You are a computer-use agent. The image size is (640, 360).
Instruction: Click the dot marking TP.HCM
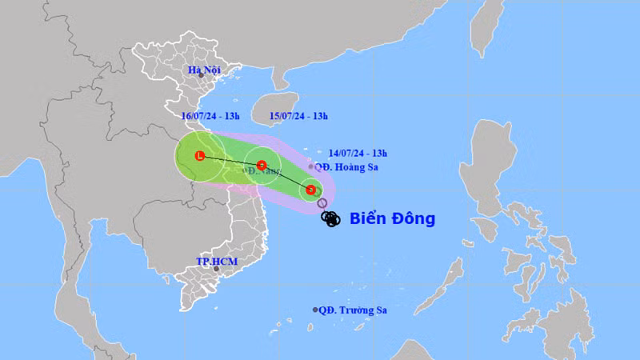coord(215,269)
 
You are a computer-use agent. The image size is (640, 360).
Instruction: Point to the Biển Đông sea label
coord(392,218)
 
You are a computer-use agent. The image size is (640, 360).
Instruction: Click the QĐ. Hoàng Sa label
coord(346,168)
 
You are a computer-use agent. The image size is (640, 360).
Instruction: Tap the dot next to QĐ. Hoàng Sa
coord(311,167)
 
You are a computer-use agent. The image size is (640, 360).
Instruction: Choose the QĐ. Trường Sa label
coord(353,310)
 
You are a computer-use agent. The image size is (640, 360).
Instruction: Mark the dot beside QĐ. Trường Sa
coord(315,310)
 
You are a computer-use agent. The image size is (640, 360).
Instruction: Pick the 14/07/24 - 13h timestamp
coord(358,152)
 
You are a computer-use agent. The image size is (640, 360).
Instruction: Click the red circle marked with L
coord(200,156)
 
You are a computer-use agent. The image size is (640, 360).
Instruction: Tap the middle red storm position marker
coord(261,166)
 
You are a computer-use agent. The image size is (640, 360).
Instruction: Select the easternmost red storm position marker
coord(310,190)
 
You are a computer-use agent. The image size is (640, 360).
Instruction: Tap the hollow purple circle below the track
coord(322,203)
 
